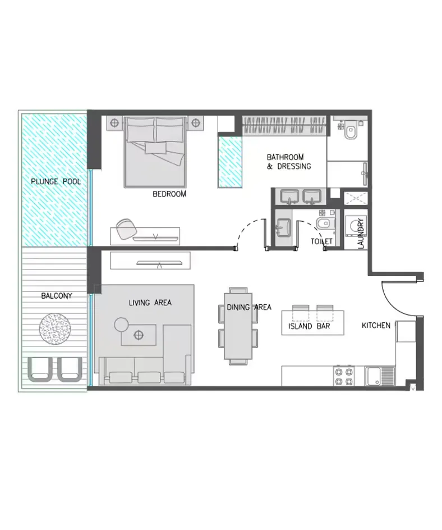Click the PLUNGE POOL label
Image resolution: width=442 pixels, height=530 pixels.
tap(56, 182)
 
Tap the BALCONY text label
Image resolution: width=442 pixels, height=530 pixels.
tap(56, 295)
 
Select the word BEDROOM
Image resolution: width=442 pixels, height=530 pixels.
tap(169, 194)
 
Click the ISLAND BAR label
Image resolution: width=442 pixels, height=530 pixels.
tap(309, 326)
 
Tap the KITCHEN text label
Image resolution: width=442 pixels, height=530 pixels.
tap(376, 326)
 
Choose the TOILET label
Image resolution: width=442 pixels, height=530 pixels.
tap(322, 241)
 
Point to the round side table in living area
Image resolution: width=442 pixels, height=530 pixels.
tap(121, 324)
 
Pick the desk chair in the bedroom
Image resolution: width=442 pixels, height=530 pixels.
tap(127, 229)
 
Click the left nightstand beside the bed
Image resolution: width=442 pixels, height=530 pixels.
tap(113, 122)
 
